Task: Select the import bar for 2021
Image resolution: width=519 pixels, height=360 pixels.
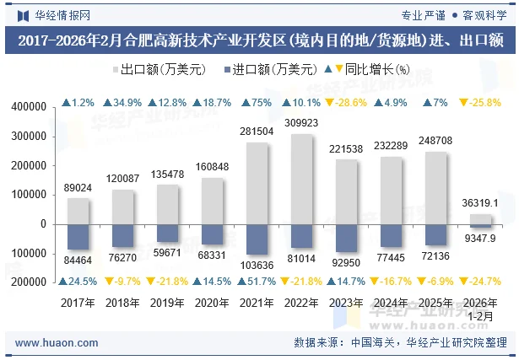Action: click(258, 239)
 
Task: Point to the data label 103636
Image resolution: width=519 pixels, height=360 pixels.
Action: click(258, 265)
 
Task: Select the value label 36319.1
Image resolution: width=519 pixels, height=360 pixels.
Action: click(480, 203)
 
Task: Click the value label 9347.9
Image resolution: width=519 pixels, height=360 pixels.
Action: click(480, 239)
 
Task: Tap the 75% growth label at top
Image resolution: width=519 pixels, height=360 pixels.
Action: click(258, 103)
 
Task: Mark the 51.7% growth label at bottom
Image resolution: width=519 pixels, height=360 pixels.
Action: click(258, 281)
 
